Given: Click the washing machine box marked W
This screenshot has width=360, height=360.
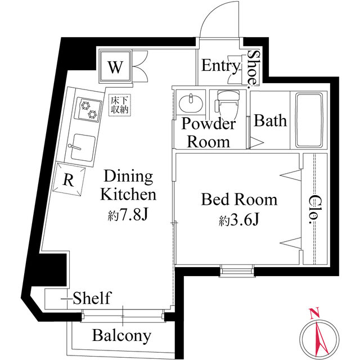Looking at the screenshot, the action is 115,66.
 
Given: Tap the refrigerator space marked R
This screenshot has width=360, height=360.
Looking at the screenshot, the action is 69,179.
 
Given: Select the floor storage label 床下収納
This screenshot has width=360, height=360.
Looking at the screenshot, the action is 119,105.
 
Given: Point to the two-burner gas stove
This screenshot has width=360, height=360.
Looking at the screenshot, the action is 89,109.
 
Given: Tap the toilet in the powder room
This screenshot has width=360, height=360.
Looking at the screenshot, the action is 227,103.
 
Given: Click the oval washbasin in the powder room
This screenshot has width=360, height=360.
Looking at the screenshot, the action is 191,103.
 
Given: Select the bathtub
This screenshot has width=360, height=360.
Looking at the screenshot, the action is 308,120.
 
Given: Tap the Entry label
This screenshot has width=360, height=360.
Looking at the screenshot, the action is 220,66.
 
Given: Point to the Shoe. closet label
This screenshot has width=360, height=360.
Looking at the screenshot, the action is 253,69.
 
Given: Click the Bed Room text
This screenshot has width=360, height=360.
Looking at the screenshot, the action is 239,199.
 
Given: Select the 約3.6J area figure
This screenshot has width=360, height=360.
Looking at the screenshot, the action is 239,220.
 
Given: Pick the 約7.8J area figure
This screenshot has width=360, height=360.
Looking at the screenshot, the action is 128,215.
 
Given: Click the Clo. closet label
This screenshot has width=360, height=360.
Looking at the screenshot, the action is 313,209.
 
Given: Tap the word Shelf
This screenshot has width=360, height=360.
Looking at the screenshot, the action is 92,298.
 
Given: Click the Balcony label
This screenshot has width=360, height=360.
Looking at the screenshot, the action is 121,336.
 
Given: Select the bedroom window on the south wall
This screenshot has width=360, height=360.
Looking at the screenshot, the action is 237,271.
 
